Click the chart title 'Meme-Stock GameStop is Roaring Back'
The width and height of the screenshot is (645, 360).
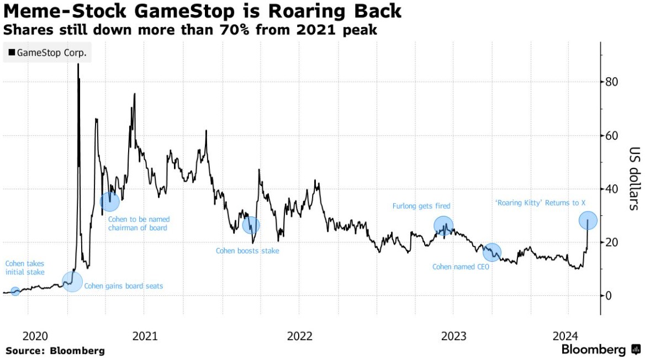[202, 10]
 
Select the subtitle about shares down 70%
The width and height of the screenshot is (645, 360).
[190, 30]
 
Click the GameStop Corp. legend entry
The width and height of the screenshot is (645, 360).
[47, 53]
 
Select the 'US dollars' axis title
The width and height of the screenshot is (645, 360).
[634, 178]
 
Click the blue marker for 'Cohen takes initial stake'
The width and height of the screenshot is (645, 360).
[15, 291]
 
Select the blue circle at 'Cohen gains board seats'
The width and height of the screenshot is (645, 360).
[72, 282]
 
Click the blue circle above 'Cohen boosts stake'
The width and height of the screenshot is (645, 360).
[251, 225]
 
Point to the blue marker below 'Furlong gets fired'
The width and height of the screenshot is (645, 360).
[443, 225]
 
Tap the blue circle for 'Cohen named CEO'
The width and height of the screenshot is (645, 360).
[492, 252]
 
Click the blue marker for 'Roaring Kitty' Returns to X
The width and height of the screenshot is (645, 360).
[588, 220]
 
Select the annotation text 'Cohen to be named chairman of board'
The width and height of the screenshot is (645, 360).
[139, 223]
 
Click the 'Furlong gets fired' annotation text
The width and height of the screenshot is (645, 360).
[421, 206]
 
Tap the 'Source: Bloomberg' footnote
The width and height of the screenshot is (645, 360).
[55, 351]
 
